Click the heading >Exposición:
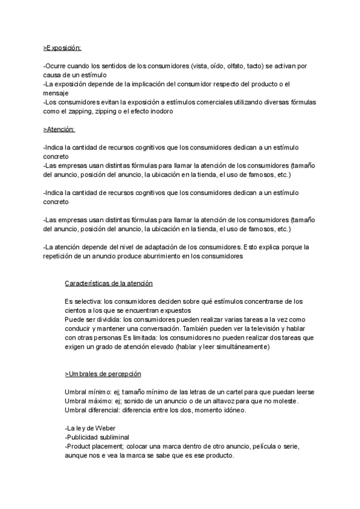(62, 47)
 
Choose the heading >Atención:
(59, 129)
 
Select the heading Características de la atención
(109, 283)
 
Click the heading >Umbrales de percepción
(103, 374)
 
